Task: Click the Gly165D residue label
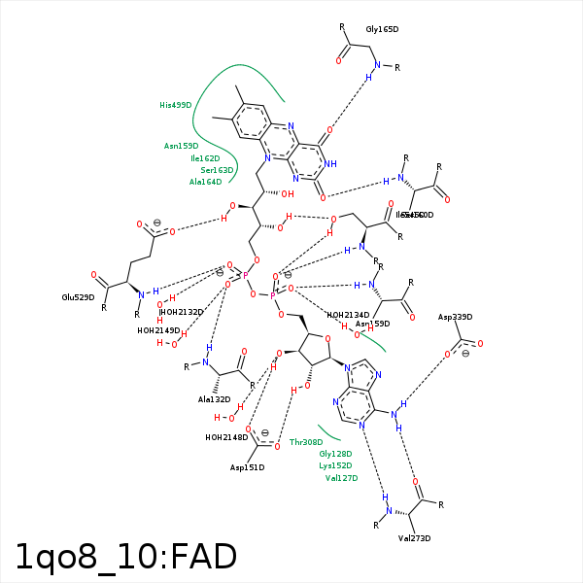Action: click(x=382, y=30)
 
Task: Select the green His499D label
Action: click(x=176, y=105)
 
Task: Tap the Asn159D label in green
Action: click(x=181, y=146)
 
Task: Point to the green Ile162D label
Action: click(x=205, y=157)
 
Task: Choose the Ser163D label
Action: click(x=218, y=170)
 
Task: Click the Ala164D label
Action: click(x=205, y=182)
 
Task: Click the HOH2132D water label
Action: click(x=183, y=312)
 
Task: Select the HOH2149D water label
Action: click(x=158, y=330)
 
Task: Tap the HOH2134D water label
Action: click(x=349, y=315)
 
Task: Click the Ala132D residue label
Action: click(x=214, y=399)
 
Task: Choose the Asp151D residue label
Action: click(x=247, y=467)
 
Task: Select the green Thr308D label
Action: click(x=305, y=442)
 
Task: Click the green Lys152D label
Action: click(x=335, y=465)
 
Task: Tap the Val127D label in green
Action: click(x=341, y=478)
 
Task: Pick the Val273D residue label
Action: click(x=414, y=538)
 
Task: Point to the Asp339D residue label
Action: click(x=455, y=317)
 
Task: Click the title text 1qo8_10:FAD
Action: click(x=126, y=557)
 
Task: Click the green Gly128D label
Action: click(x=335, y=454)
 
